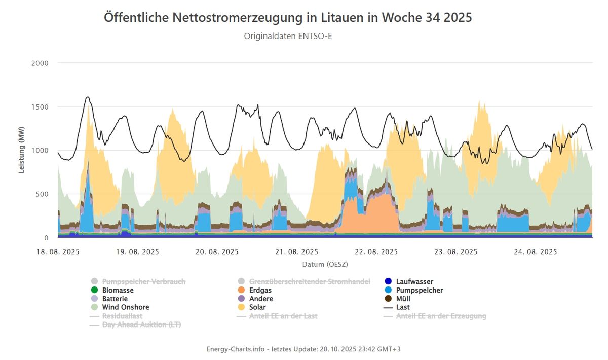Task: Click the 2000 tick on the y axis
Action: pyautogui.click(x=40, y=63)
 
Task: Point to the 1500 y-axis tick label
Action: pyautogui.click(x=40, y=107)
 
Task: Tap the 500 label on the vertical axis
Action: pyautogui.click(x=42, y=194)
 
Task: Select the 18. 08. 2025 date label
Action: pyautogui.click(x=58, y=252)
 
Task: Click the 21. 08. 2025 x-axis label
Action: pyautogui.click(x=297, y=252)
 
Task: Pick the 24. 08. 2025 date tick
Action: pyautogui.click(x=536, y=252)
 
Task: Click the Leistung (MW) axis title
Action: pyautogui.click(x=22, y=151)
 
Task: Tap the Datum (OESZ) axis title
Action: pyautogui.click(x=325, y=264)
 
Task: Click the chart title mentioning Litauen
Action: pyautogui.click(x=288, y=17)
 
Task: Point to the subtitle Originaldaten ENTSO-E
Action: pyautogui.click(x=288, y=36)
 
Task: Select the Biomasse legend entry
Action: pyautogui.click(x=118, y=291)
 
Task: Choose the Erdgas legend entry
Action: pyautogui.click(x=260, y=291)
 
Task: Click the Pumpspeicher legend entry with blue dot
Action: pyautogui.click(x=419, y=291)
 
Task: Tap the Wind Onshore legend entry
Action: pyautogui.click(x=125, y=307)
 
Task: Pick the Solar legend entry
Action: pyautogui.click(x=257, y=307)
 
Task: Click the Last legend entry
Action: pyautogui.click(x=403, y=307)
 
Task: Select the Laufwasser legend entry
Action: pyautogui.click(x=414, y=282)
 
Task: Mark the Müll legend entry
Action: pyautogui.click(x=403, y=299)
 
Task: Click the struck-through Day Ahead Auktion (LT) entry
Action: pyautogui.click(x=141, y=325)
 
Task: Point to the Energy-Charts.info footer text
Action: pyautogui.click(x=303, y=349)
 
